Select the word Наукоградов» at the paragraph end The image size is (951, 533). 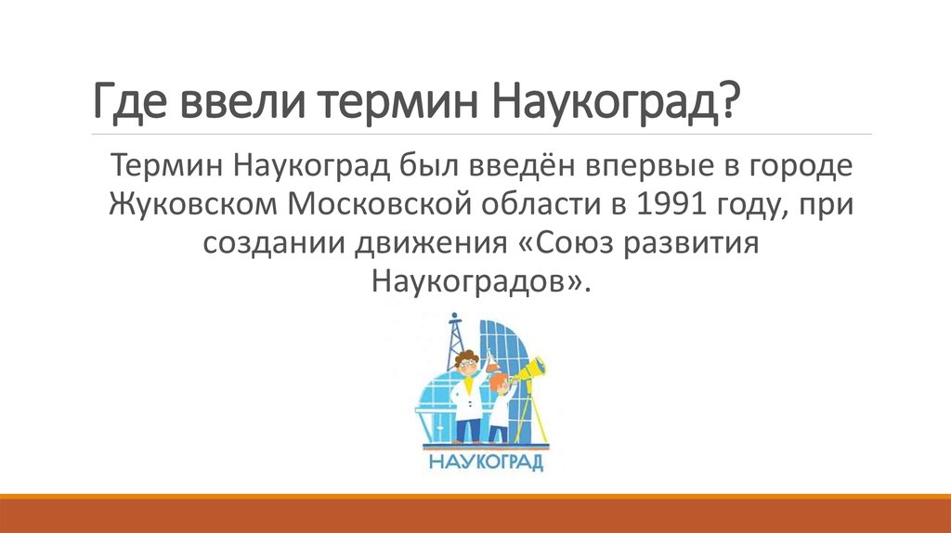coord(479,278)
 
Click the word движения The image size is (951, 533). coord(423,240)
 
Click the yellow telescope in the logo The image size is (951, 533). coord(527,372)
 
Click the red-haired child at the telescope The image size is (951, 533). coord(500,400)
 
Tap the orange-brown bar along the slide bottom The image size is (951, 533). coord(475,516)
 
